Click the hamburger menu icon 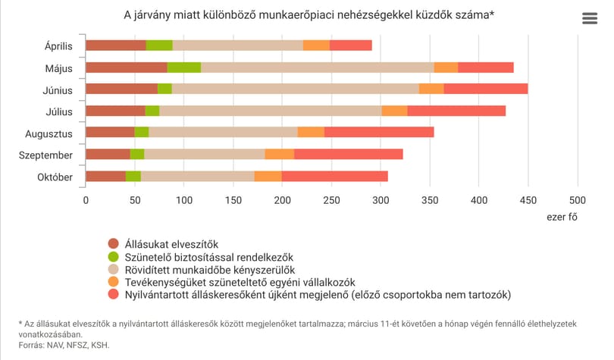590,18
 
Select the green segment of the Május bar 184,67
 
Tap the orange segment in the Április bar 316,45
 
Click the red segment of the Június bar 486,89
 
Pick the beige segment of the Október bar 198,177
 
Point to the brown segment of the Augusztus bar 110,133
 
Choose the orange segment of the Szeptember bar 280,154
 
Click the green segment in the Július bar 152,111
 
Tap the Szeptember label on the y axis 45,155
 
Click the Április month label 58,46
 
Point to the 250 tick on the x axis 331,200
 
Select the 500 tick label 577,200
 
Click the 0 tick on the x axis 86,200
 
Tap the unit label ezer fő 562,217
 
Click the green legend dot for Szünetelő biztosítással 113,257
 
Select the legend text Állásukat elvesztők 171,244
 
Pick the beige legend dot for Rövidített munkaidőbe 113,269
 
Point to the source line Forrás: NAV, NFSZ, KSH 64,345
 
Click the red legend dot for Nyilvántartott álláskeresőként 113,294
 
